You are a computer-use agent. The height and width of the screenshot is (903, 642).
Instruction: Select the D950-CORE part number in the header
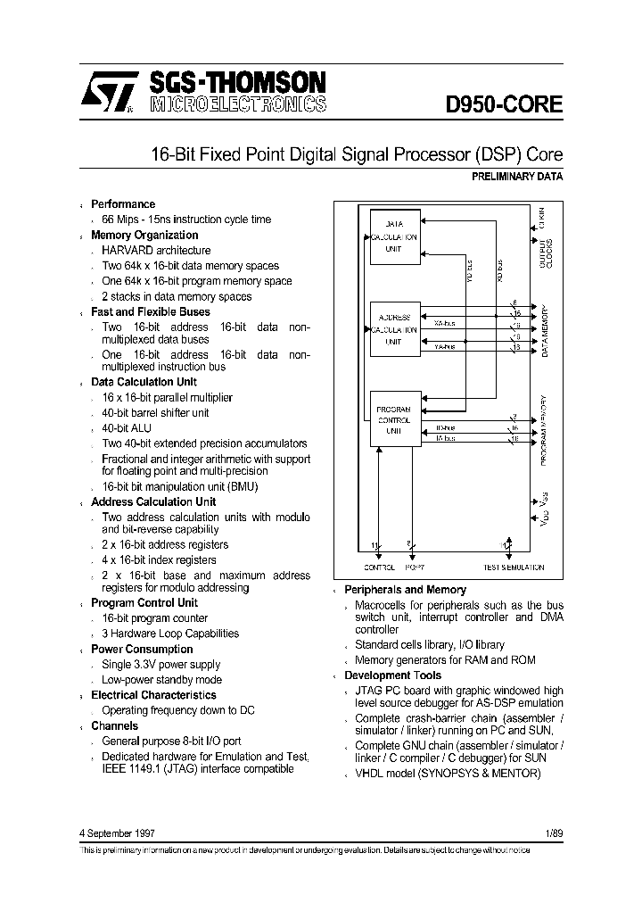click(x=504, y=104)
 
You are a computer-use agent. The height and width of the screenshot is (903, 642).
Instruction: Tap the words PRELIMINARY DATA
click(x=516, y=177)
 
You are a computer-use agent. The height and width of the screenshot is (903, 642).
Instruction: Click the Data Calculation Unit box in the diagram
click(x=393, y=237)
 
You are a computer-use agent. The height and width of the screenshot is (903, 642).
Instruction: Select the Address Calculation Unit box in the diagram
click(x=393, y=329)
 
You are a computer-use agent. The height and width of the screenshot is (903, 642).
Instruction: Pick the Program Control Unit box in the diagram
click(x=393, y=419)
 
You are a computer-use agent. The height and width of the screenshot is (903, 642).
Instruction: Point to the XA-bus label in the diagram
click(x=443, y=324)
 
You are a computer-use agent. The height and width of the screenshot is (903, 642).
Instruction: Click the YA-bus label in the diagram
click(x=443, y=347)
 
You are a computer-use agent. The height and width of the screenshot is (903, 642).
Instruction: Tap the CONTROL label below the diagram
click(x=379, y=567)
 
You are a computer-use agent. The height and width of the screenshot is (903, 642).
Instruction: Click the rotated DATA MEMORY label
click(x=544, y=330)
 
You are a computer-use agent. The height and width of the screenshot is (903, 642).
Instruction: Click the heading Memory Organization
click(x=144, y=236)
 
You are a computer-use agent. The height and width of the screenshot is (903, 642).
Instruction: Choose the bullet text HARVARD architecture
click(x=156, y=251)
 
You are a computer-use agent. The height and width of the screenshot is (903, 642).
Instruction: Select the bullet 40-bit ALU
click(x=128, y=428)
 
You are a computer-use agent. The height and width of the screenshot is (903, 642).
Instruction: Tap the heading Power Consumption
click(x=142, y=649)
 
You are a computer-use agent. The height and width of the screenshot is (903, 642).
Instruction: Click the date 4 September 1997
click(x=118, y=833)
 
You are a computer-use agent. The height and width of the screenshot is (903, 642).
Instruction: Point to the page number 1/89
click(x=553, y=833)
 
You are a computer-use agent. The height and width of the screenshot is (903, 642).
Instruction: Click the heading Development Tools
click(x=392, y=675)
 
